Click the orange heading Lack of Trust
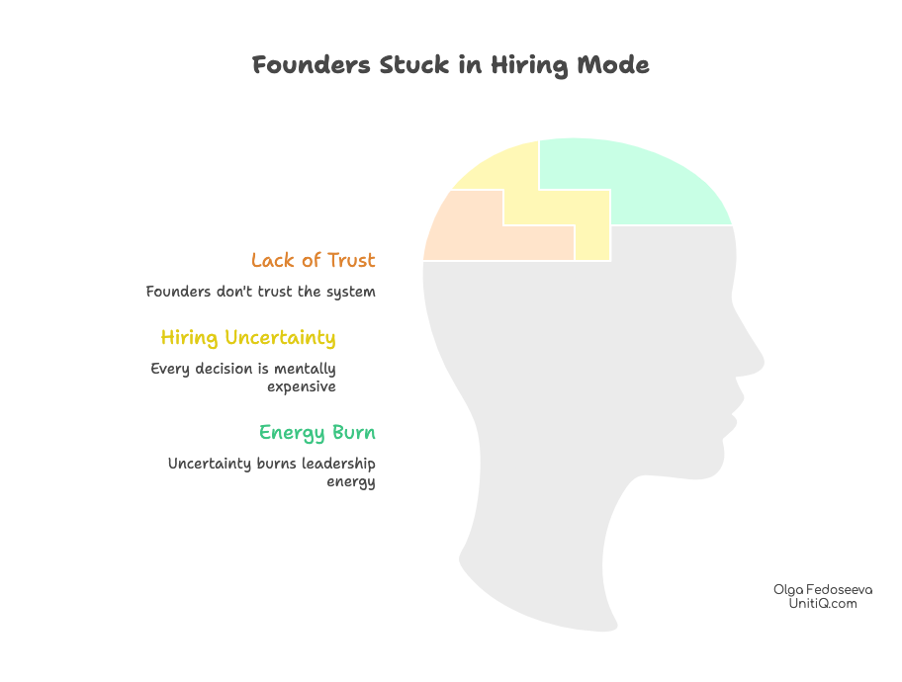click(313, 261)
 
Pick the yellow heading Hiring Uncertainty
click(248, 338)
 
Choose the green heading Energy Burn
click(316, 433)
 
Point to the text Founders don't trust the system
click(260, 293)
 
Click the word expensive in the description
click(302, 386)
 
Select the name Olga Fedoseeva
click(822, 589)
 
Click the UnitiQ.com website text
click(822, 603)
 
